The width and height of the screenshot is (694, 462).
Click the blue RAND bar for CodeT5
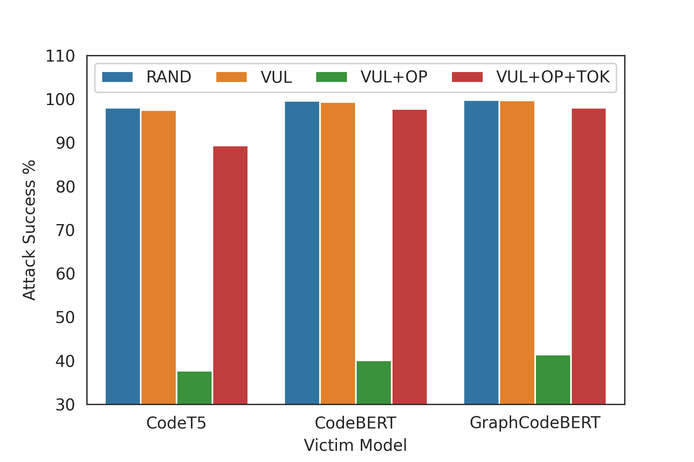(123, 256)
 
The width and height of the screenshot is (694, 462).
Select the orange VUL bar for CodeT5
(158, 258)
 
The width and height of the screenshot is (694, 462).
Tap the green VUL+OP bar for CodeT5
(194, 388)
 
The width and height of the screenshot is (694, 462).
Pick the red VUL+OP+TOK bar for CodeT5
(230, 275)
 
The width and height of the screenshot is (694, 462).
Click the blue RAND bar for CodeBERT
(302, 253)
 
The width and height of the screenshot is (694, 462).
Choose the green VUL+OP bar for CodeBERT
(374, 383)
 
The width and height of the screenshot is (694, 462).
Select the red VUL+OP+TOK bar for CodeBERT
(409, 257)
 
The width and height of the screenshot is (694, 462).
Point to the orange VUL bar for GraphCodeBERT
(517, 253)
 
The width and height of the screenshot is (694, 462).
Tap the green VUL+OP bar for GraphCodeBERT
(553, 380)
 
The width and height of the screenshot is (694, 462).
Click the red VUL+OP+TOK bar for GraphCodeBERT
(589, 256)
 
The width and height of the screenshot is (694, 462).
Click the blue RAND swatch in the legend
(117, 77)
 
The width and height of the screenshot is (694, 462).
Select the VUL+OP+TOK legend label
(553, 77)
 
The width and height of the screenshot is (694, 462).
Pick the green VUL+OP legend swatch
(332, 77)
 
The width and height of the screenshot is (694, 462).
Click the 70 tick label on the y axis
(65, 230)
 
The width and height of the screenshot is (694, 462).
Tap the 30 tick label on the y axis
(65, 405)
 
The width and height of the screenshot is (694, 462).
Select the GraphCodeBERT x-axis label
(535, 423)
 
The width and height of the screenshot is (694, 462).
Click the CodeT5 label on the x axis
(176, 423)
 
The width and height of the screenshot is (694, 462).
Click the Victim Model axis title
(355, 445)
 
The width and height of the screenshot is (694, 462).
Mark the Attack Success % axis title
(29, 230)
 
